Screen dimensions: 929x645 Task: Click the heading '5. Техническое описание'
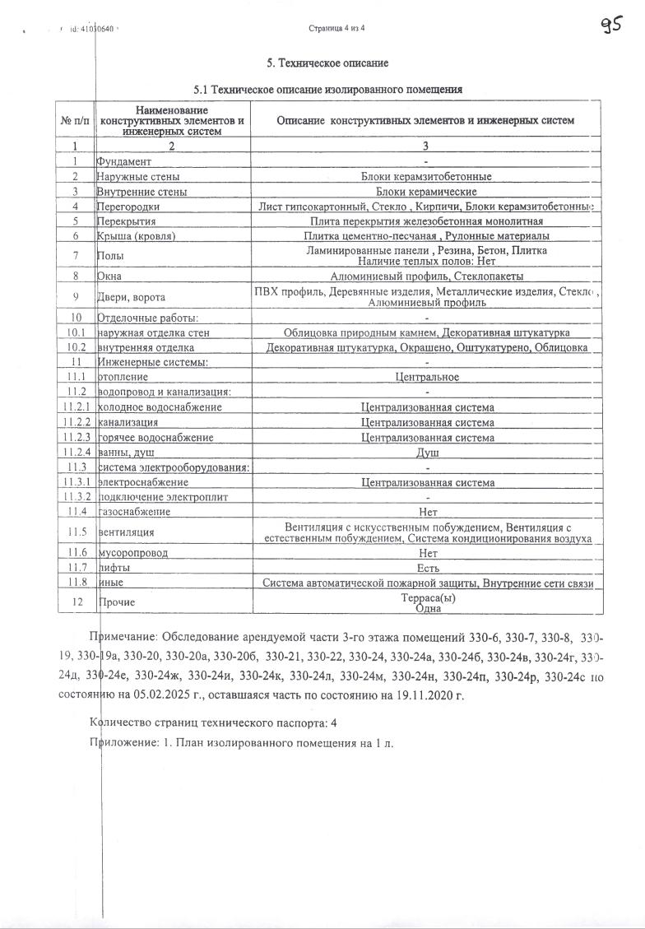(x=327, y=63)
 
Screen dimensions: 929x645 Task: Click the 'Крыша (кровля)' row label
(x=137, y=236)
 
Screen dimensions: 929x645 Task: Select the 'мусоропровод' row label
(x=133, y=553)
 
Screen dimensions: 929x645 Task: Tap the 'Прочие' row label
(x=116, y=602)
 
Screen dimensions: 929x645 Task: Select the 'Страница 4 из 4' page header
(x=336, y=28)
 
